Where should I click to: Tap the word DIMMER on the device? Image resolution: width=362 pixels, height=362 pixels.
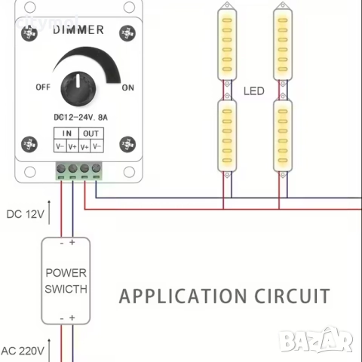78,29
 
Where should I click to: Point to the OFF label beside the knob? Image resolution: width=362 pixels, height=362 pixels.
43,87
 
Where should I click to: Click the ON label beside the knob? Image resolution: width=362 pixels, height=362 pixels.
128,87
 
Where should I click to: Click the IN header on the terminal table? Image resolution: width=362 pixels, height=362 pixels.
67,133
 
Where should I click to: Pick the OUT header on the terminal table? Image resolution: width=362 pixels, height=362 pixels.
91,133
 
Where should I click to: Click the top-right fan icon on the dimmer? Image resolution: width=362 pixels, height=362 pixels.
126,34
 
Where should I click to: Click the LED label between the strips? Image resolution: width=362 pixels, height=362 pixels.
254,91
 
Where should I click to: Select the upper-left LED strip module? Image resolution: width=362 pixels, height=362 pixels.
227,44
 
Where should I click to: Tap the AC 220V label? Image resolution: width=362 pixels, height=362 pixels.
22,351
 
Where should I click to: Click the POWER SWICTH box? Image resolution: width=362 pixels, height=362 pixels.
66,280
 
